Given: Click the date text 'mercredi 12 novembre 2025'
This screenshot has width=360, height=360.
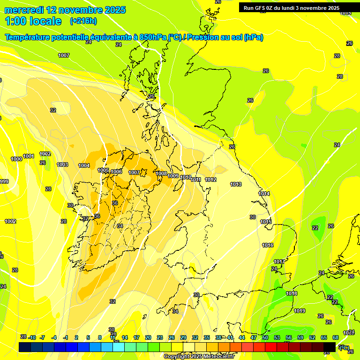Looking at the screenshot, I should [65, 10].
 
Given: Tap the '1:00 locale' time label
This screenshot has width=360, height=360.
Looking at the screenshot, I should [33, 21].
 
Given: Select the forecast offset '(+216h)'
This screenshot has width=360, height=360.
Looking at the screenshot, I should [83, 21].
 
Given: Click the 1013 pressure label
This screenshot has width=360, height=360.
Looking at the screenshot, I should [236, 184].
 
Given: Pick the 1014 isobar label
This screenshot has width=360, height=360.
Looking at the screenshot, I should [264, 194].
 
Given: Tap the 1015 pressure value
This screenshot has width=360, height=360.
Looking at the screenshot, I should [266, 222].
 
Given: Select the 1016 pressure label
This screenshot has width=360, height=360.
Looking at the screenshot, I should [268, 245].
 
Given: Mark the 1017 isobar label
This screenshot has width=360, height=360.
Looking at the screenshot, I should [279, 262].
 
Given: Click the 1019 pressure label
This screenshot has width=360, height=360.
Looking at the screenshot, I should [300, 311].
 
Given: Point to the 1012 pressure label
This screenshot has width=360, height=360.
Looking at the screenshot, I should [210, 180].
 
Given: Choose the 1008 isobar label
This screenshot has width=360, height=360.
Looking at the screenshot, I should [161, 173].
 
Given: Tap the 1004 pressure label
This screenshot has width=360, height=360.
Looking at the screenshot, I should [84, 165].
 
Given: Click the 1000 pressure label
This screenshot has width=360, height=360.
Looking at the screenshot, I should [16, 159].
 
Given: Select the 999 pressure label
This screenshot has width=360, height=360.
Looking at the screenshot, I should [4, 181].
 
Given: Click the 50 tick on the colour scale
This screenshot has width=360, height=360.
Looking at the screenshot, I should [265, 337].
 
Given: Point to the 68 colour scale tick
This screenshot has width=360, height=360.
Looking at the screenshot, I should [336, 337].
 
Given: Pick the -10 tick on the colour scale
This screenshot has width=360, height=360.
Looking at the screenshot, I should [32, 337].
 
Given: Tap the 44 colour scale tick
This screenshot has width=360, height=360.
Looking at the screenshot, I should [241, 337].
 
